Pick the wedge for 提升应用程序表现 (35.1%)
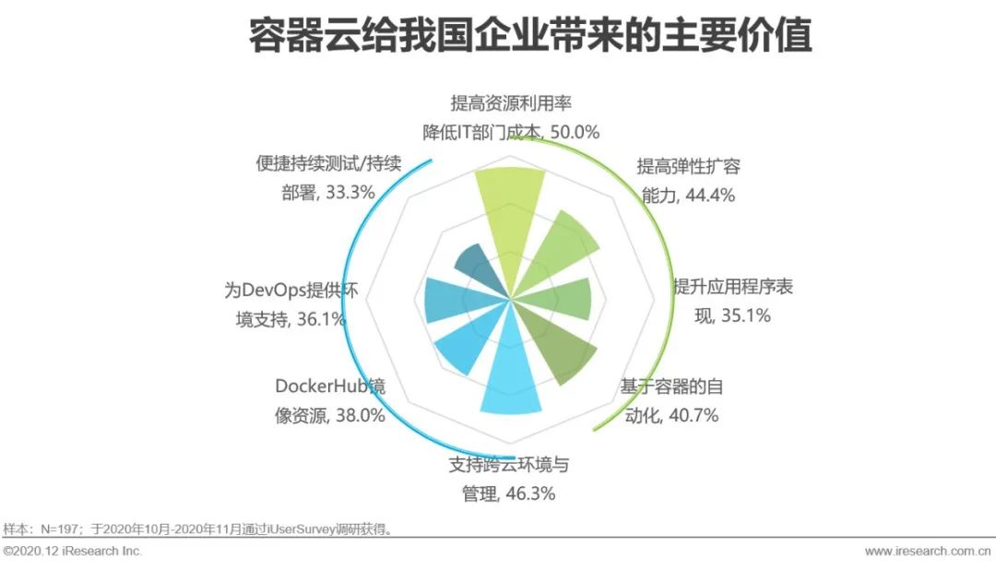click(566, 298)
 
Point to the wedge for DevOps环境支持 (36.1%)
click(448, 299)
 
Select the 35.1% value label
click(745, 315)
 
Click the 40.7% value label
click(693, 414)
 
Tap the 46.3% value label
click(529, 493)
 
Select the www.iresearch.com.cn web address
click(928, 552)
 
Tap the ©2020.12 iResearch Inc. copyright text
click(73, 552)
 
